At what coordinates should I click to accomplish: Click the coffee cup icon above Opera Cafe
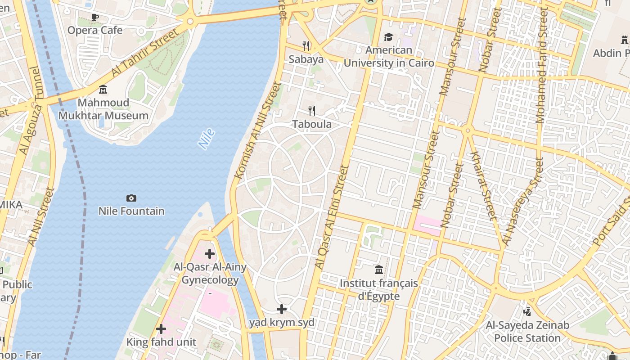[x=94, y=18]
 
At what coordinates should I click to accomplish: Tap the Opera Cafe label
[x=95, y=30]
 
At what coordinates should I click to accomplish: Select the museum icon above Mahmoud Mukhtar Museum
[x=103, y=90]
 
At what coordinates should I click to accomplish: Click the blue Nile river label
[x=207, y=139]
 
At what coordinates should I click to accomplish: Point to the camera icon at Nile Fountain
[x=131, y=198]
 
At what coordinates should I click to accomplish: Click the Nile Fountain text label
[x=131, y=211]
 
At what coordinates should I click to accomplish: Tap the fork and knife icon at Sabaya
[x=306, y=45]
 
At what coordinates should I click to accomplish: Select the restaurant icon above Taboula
[x=311, y=111]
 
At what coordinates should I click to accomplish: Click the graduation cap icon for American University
[x=388, y=37]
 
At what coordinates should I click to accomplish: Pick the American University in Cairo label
[x=389, y=56]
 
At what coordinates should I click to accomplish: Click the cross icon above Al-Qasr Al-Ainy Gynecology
[x=210, y=254]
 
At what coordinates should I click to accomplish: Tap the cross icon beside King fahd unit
[x=161, y=329]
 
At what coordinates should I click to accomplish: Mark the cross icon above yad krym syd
[x=282, y=309]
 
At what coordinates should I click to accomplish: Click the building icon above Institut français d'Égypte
[x=379, y=270]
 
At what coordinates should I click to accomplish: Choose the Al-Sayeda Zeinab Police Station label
[x=527, y=331]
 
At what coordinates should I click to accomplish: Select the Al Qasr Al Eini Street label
[x=332, y=217]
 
